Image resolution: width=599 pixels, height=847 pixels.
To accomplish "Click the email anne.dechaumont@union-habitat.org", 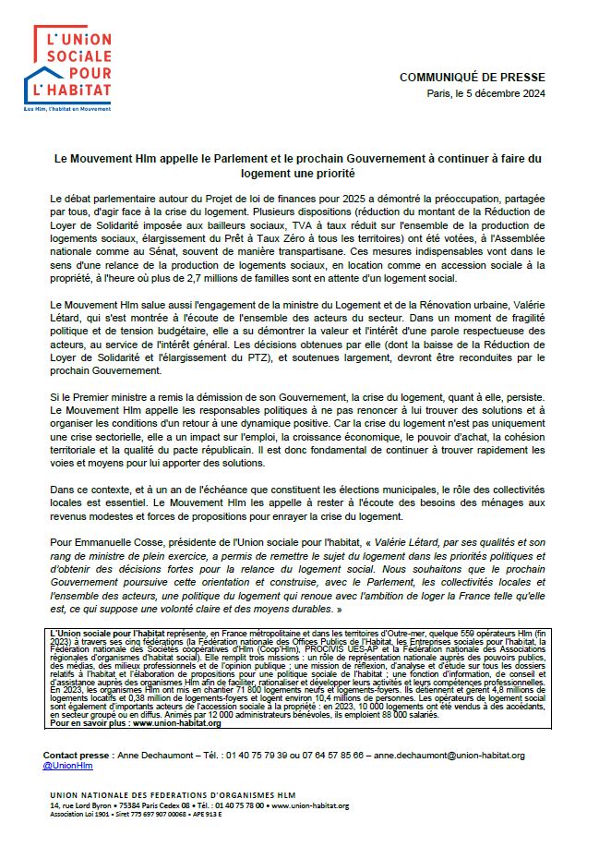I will click(450, 755).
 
